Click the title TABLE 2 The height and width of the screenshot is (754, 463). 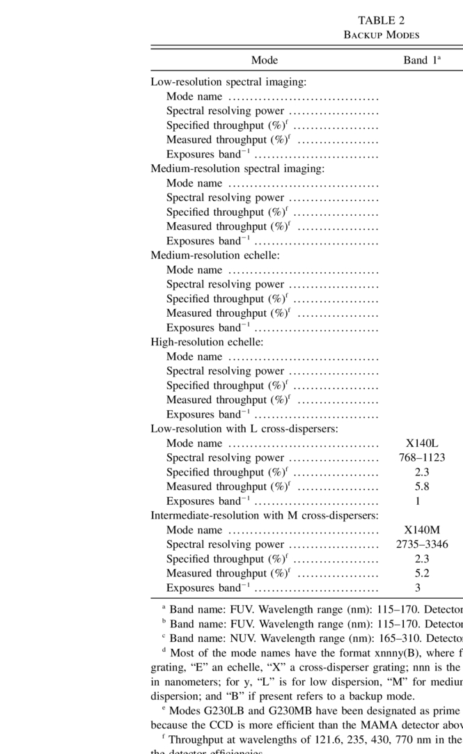point(381,20)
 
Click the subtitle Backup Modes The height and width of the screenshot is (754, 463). point(382,35)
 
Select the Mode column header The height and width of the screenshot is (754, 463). point(265,61)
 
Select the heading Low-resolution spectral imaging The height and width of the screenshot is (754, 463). point(228,82)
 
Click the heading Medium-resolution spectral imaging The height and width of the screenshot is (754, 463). point(237,168)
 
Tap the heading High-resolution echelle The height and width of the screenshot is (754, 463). point(207,342)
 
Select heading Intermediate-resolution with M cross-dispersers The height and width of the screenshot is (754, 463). point(265,516)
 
